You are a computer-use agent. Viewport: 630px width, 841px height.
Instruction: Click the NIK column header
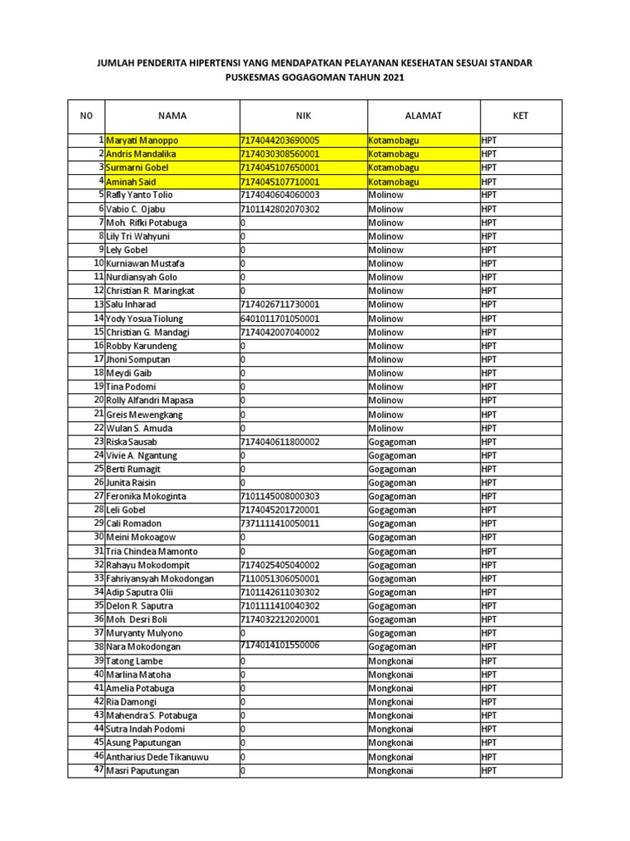[x=303, y=116]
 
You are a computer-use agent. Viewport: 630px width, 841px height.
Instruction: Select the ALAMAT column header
[x=423, y=116]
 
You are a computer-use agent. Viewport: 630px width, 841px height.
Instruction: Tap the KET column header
[x=521, y=116]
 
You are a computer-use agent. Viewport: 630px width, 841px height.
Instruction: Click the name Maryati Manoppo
[x=142, y=140]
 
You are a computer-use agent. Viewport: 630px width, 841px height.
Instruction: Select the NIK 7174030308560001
[x=279, y=154]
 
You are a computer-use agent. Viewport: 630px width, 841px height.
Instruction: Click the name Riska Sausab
[x=134, y=442]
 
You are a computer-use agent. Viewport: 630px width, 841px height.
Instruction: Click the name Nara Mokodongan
[x=143, y=647]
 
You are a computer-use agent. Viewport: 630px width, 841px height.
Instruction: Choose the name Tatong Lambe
[x=135, y=661]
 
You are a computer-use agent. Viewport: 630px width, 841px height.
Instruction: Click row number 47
[x=98, y=770]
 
